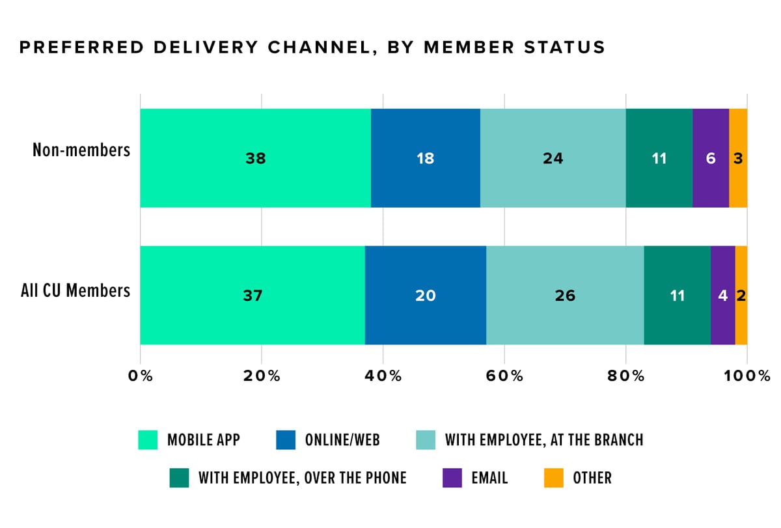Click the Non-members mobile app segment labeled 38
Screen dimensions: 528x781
tap(255, 158)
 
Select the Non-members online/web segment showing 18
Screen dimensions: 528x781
tap(425, 158)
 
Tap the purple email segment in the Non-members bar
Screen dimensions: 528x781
tap(711, 158)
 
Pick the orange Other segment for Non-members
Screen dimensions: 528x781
tap(738, 158)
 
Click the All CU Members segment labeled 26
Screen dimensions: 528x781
tap(565, 296)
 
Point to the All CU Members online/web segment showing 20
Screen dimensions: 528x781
tap(425, 296)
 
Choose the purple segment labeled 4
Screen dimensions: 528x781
tap(722, 296)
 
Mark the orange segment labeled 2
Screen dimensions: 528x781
tap(741, 296)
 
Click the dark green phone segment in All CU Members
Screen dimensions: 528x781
tap(677, 296)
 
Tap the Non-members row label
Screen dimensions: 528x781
tap(81, 150)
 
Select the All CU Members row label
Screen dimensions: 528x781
tap(75, 290)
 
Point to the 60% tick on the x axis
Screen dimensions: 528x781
tap(504, 376)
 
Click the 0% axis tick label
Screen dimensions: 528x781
tap(140, 376)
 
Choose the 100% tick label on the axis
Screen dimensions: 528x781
tap(746, 376)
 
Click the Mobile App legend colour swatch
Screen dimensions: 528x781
tap(148, 440)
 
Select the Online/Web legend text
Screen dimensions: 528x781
tap(342, 440)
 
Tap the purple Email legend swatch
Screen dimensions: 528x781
tap(452, 478)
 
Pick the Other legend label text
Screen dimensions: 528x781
tap(592, 478)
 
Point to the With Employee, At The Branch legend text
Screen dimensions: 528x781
tap(544, 440)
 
